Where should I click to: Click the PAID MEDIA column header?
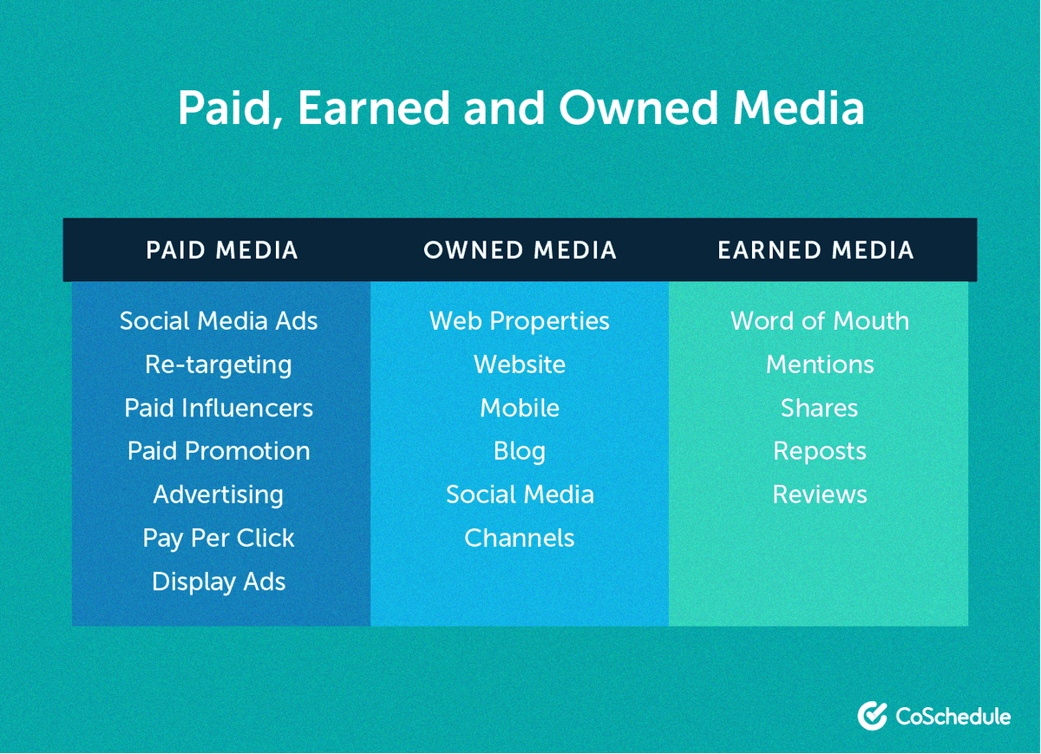click(x=222, y=251)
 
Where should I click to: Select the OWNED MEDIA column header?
click(x=520, y=251)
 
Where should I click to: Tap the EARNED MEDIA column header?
click(x=815, y=251)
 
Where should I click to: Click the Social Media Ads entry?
click(x=219, y=321)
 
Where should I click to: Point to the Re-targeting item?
click(x=219, y=364)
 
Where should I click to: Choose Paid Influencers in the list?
click(x=219, y=408)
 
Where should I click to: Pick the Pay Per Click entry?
click(x=219, y=538)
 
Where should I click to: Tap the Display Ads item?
click(x=219, y=581)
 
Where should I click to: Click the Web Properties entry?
click(x=520, y=321)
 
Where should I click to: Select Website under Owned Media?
click(x=520, y=364)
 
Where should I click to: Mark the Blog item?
click(x=520, y=451)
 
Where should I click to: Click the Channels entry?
click(x=520, y=538)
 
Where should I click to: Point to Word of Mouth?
click(x=820, y=321)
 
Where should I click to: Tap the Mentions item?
click(x=820, y=364)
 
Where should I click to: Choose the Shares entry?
click(x=820, y=408)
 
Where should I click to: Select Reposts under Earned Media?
click(x=820, y=451)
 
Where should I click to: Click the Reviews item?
click(x=820, y=495)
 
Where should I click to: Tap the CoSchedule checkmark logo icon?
click(x=871, y=716)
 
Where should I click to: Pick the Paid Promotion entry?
click(x=219, y=451)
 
